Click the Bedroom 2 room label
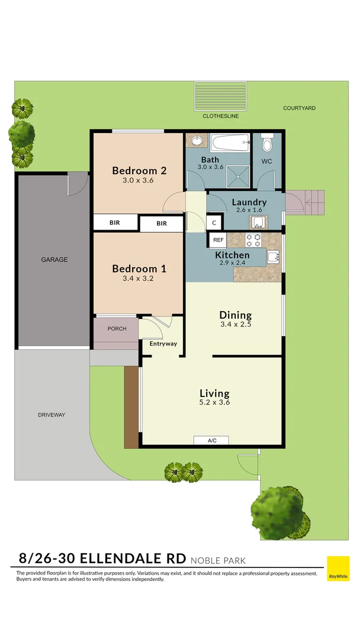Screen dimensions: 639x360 click(139, 171)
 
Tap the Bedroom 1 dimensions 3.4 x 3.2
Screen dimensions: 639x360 click(139, 278)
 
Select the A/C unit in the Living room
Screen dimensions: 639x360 click(211, 440)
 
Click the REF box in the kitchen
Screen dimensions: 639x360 click(218, 240)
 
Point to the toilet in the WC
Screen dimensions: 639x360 click(266, 144)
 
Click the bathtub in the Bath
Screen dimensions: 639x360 click(230, 142)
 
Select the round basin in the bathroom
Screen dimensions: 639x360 click(196, 141)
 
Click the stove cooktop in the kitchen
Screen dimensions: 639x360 click(254, 240)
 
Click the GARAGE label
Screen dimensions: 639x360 click(54, 260)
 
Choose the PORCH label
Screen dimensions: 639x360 click(117, 329)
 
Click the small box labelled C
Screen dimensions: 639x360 click(214, 222)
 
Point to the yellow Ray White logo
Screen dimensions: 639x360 click(338, 569)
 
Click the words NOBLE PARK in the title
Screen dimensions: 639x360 click(217, 560)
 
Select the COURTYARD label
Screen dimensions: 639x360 click(299, 108)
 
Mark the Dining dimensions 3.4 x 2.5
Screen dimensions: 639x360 click(236, 324)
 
